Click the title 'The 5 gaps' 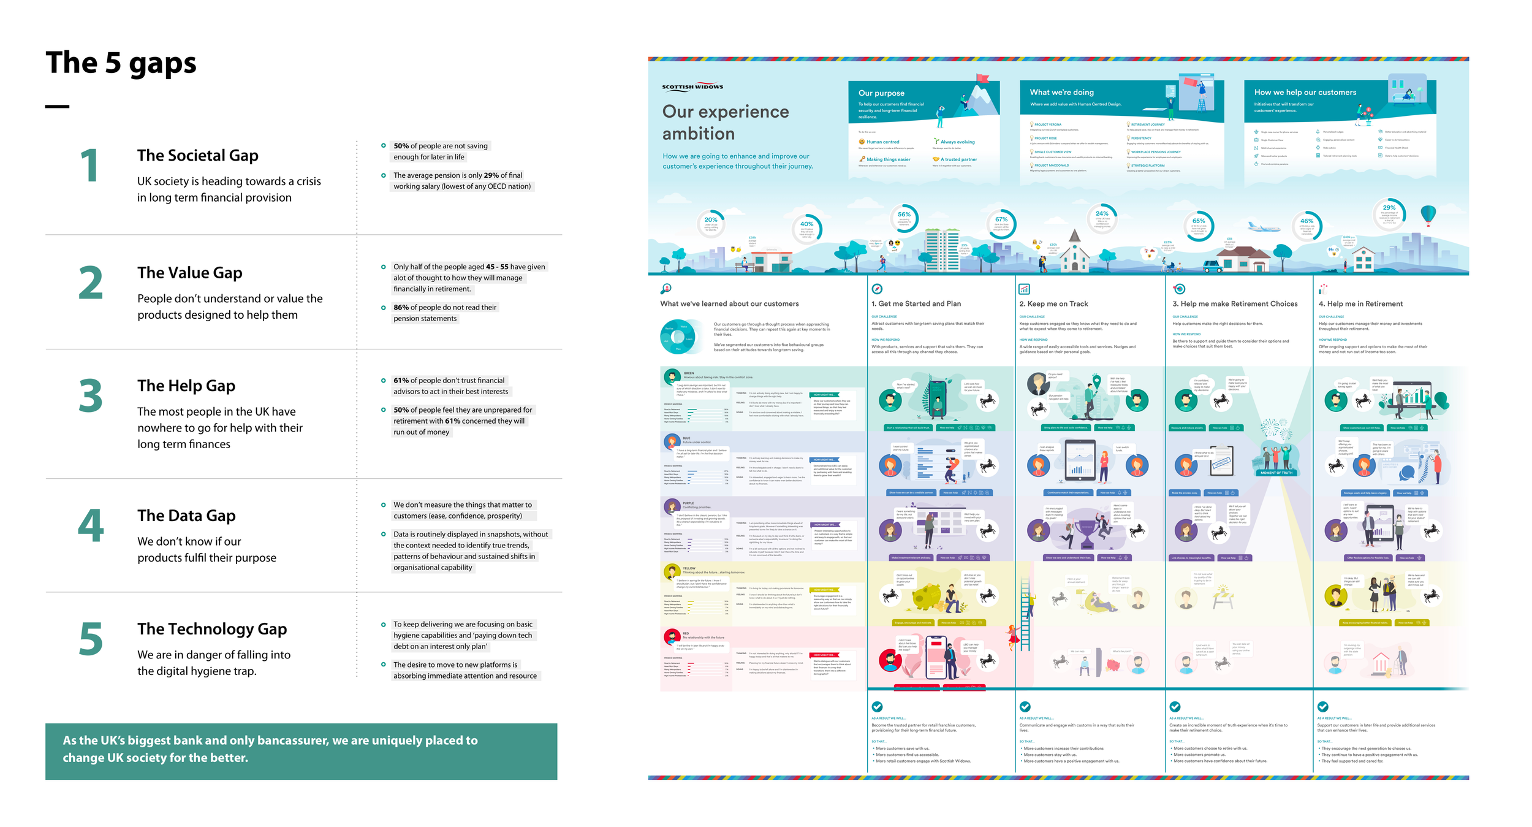pyautogui.click(x=121, y=63)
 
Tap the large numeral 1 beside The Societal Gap pyautogui.click(x=89, y=166)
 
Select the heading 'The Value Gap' pyautogui.click(x=189, y=273)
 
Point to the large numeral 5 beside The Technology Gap pyautogui.click(x=91, y=639)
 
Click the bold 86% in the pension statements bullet pyautogui.click(x=401, y=307)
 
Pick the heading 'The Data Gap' pyautogui.click(x=186, y=516)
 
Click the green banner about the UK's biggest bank pyautogui.click(x=301, y=751)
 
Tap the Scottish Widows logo pyautogui.click(x=692, y=86)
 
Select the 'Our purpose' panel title pyautogui.click(x=881, y=93)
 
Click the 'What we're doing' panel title pyautogui.click(x=1061, y=93)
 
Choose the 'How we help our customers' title pyautogui.click(x=1305, y=93)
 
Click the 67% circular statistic pyautogui.click(x=1001, y=223)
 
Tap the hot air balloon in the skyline pyautogui.click(x=1428, y=214)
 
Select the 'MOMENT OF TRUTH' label pyautogui.click(x=1276, y=473)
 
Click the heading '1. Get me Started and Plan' pyautogui.click(x=916, y=304)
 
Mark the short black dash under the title pyautogui.click(x=57, y=107)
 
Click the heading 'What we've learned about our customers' pyautogui.click(x=729, y=304)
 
